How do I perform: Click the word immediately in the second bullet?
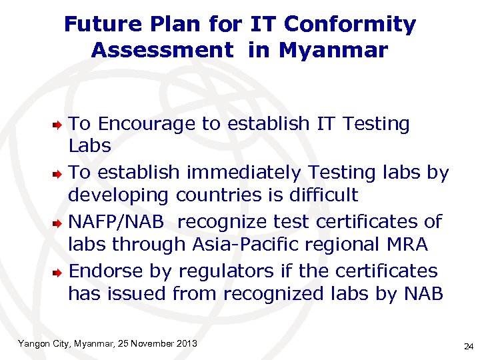245,173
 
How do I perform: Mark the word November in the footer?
151,343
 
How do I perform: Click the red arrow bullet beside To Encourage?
59,124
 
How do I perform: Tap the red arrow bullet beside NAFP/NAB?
59,221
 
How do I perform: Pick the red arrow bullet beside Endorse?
59,271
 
